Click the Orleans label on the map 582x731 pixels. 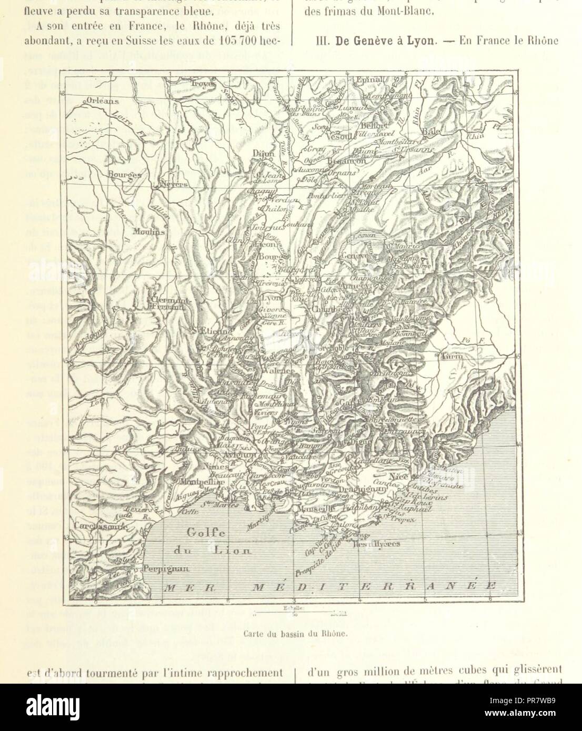coord(103,101)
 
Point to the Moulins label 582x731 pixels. coord(135,231)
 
